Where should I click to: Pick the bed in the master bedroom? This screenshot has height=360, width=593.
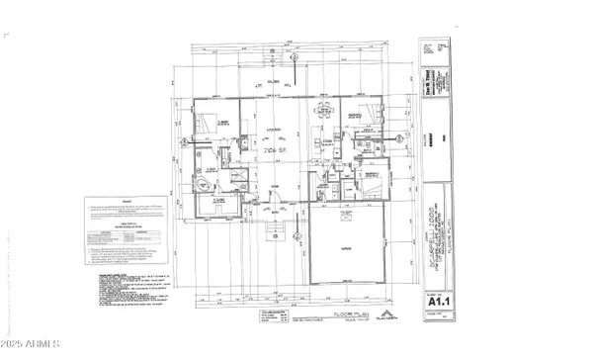pyautogui.click(x=209, y=125)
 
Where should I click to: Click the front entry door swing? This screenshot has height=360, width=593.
pyautogui.click(x=259, y=205)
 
